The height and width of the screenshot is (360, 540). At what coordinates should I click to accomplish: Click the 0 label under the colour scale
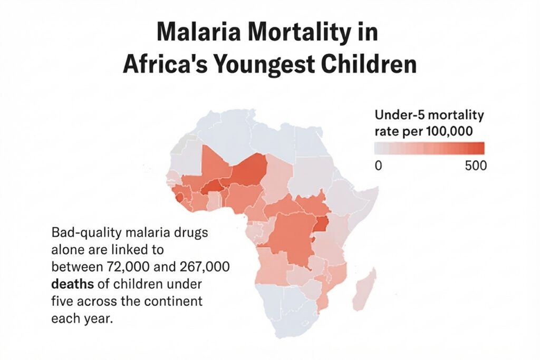click(378, 166)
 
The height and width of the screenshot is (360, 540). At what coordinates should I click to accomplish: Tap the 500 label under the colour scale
click(476, 166)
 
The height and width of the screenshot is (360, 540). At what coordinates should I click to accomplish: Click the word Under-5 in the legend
click(400, 115)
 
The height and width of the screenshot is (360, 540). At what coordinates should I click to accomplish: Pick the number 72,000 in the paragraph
click(128, 267)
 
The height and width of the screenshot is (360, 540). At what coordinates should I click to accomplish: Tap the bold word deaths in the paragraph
click(72, 284)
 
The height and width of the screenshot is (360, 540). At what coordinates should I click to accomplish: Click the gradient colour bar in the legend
click(429, 148)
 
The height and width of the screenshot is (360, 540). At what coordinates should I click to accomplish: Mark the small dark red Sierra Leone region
click(180, 198)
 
